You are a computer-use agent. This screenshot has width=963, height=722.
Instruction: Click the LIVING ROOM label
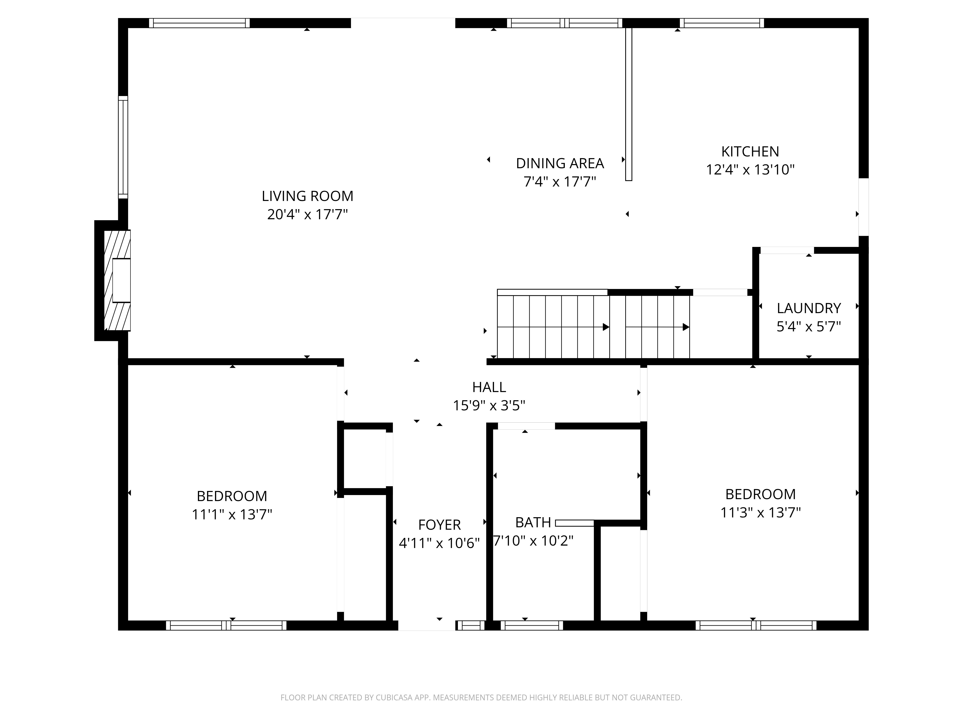pos(307,196)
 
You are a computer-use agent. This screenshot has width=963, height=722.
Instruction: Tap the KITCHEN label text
pos(750,151)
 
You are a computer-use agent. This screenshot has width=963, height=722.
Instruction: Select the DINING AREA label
pos(560,163)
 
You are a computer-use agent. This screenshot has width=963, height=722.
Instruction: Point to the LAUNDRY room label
pos(808,308)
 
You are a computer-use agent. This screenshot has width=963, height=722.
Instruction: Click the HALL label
pos(489,387)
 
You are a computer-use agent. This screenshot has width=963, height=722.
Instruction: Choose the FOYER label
pos(439,525)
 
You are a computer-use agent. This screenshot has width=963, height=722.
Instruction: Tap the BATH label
pos(533,522)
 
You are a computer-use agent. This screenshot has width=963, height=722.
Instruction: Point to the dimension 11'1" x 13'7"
pos(232,514)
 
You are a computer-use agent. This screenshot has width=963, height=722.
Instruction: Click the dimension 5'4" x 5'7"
pos(808,326)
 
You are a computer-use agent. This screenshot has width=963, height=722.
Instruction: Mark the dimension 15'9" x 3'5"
pos(489,406)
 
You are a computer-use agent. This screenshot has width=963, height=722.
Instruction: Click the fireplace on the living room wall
pos(113,280)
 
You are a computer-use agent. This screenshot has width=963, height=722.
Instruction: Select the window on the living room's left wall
pos(123,147)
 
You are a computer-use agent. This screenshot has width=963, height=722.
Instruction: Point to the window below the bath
pos(532,625)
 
